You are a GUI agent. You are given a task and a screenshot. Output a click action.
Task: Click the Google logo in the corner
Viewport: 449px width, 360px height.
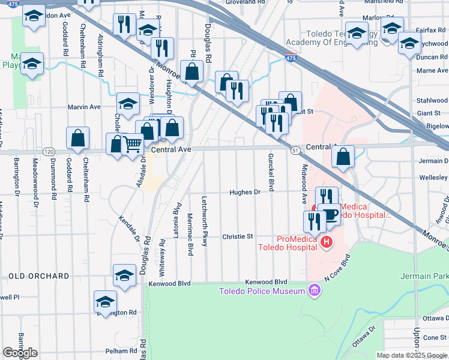(x=20, y=353)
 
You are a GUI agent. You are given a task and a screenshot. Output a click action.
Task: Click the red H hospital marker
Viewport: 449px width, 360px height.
(x=326, y=242)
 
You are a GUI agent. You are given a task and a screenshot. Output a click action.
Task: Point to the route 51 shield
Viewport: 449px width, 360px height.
(x=295, y=150)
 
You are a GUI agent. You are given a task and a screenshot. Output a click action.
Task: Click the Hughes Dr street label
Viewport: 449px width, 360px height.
(x=244, y=193)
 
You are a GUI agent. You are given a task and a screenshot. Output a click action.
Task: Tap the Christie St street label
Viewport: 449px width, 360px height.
(x=238, y=237)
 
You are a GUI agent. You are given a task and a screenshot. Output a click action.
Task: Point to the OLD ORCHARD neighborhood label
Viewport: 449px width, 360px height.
(x=39, y=276)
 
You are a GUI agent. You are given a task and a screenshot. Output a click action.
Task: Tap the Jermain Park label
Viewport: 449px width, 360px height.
(x=424, y=276)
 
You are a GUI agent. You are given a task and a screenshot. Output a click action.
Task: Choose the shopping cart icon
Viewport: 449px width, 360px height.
(x=131, y=143)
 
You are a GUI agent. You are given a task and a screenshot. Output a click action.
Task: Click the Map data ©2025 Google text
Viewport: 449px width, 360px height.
(x=412, y=355)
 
